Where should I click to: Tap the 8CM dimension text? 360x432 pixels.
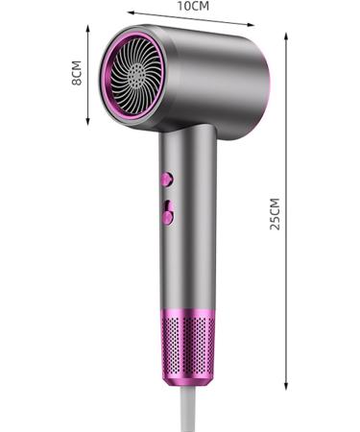click(x=78, y=75)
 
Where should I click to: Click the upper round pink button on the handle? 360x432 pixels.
click(x=167, y=179)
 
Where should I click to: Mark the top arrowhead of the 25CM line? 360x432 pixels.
click(x=287, y=35)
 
